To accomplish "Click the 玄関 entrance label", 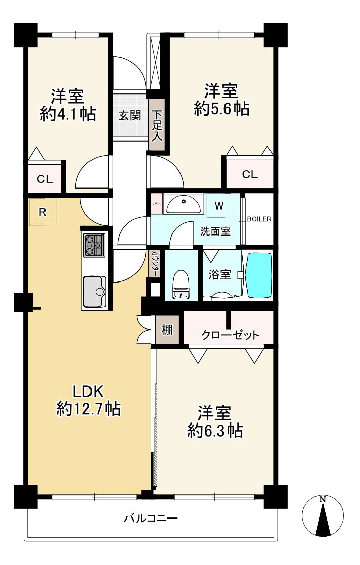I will tap(129, 115).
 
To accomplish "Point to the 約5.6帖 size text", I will tap(221, 108).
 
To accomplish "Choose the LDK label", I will tap(88, 391).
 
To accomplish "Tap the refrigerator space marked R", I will tap(43, 212).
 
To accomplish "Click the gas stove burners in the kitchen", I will tap(94, 245).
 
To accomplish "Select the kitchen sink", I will tap(94, 291).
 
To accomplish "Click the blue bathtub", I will tap(258, 275).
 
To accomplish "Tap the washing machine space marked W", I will tap(218, 206).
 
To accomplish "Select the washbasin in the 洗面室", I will tap(184, 204).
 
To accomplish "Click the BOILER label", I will tap(259, 219).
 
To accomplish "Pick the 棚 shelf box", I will tap(167, 330).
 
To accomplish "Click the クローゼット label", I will tap(230, 335).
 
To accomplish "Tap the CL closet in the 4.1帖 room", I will tap(44, 179).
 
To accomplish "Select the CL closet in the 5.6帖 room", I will tap(249, 175).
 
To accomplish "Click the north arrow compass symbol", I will tap(323, 516).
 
